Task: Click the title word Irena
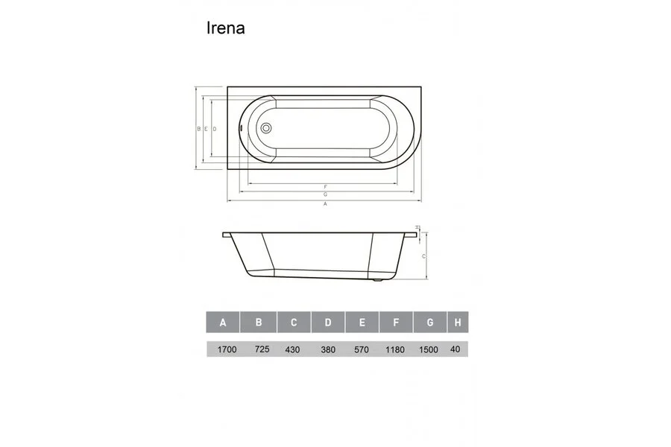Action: tap(225, 28)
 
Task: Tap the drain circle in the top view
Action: tap(266, 127)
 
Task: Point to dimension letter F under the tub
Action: tap(326, 186)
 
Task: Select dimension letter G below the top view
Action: tap(326, 194)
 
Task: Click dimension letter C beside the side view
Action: tap(423, 256)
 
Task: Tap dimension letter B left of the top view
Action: tap(199, 129)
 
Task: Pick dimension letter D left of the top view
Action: tap(214, 129)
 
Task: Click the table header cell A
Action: tap(223, 323)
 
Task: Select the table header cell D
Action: tap(328, 323)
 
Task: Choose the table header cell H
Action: tap(456, 323)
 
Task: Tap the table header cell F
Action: tap(396, 323)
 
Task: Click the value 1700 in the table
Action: tap(226, 349)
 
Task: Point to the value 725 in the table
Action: tap(261, 349)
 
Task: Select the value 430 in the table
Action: tap(292, 349)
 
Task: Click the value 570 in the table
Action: tap(362, 349)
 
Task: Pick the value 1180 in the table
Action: tap(396, 349)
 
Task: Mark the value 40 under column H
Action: tap(456, 349)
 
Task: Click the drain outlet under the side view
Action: tap(380, 281)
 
